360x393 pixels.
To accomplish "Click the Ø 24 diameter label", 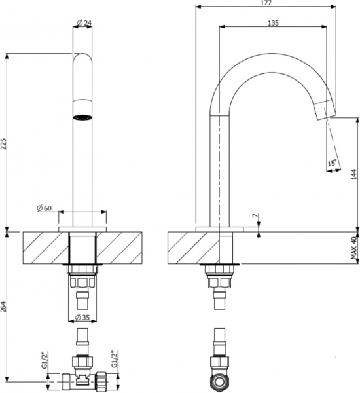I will pyautogui.click(x=83, y=24).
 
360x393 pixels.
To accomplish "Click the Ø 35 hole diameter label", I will pyautogui.click(x=82, y=316).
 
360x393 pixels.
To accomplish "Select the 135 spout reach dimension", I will pyautogui.click(x=273, y=23).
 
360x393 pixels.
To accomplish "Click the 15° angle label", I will pyautogui.click(x=332, y=162).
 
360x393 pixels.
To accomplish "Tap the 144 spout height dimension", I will pyautogui.click(x=353, y=173).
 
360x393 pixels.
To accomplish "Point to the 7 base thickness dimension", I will pyautogui.click(x=255, y=216).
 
